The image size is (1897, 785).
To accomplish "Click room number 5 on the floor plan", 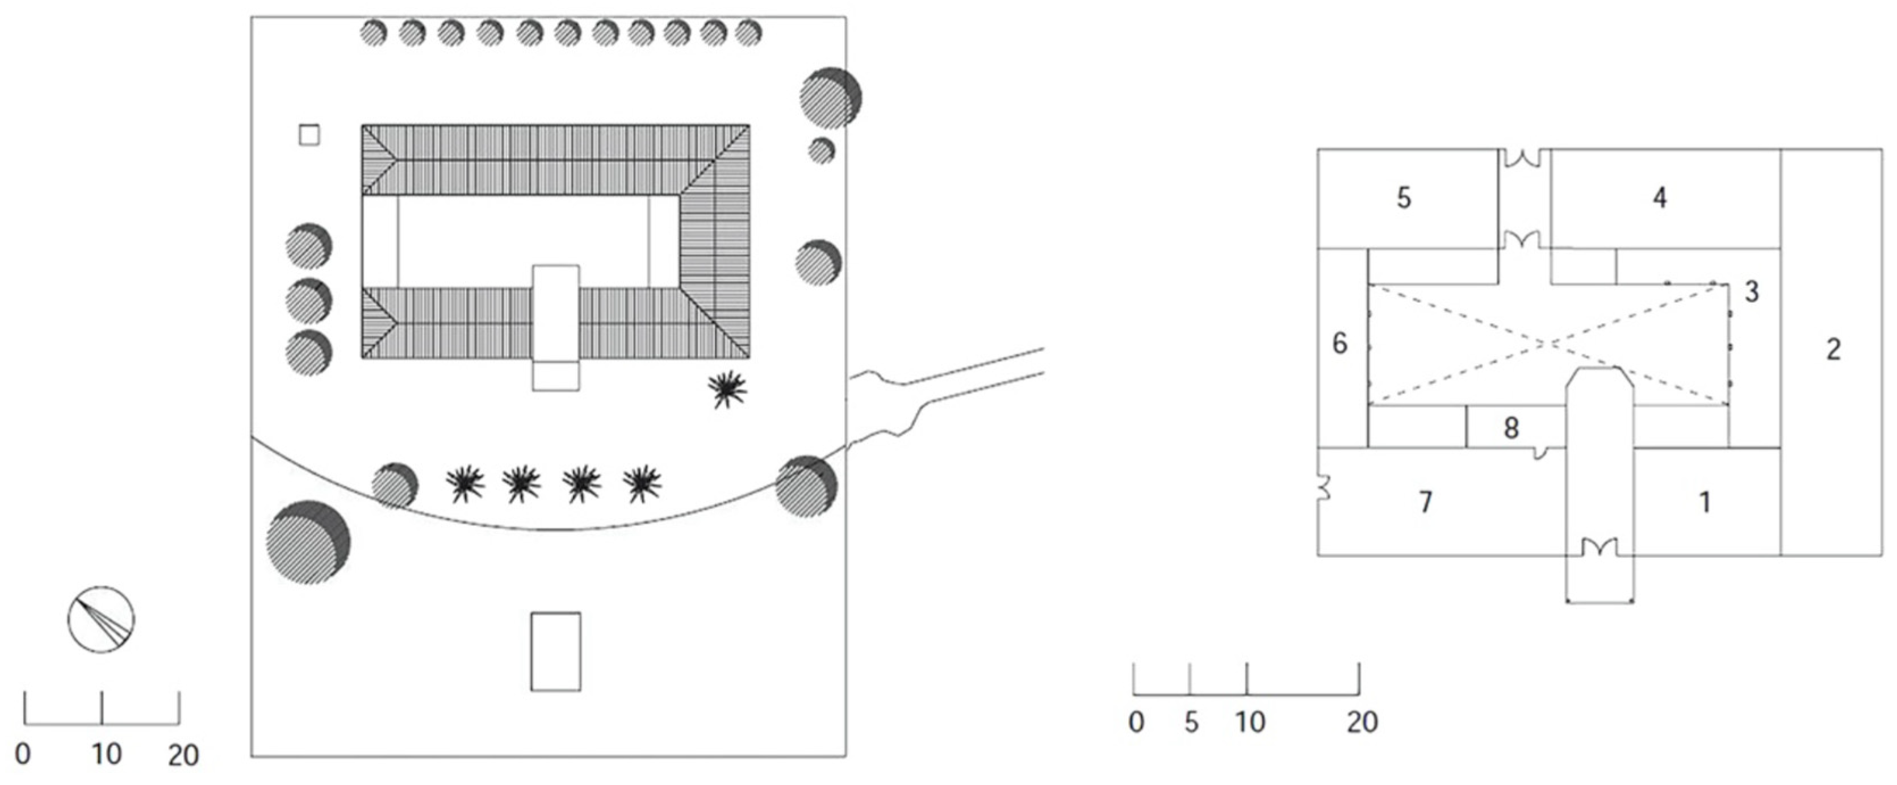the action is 1404,198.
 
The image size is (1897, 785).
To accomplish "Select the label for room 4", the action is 1659,197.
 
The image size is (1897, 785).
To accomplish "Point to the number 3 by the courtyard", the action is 1752,291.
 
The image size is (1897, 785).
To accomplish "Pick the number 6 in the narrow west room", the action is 1339,343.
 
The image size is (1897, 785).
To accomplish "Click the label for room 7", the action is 1426,502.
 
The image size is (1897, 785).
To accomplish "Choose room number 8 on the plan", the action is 1510,428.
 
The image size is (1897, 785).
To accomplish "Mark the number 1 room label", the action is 1704,502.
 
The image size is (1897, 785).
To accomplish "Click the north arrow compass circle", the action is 101,619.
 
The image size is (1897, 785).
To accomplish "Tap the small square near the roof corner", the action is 309,136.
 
